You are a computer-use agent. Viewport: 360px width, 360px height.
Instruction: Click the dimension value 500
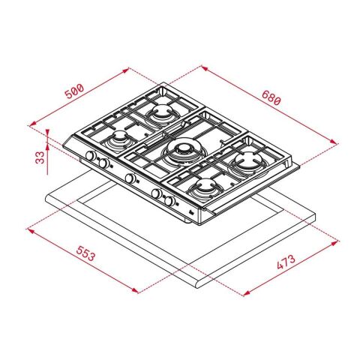(73, 92)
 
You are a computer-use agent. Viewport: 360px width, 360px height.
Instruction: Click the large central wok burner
(181, 154)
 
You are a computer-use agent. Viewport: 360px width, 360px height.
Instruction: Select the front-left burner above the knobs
(118, 141)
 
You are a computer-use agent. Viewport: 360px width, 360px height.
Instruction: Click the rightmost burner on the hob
(244, 160)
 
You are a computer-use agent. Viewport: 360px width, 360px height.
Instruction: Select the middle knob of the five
(130, 178)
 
